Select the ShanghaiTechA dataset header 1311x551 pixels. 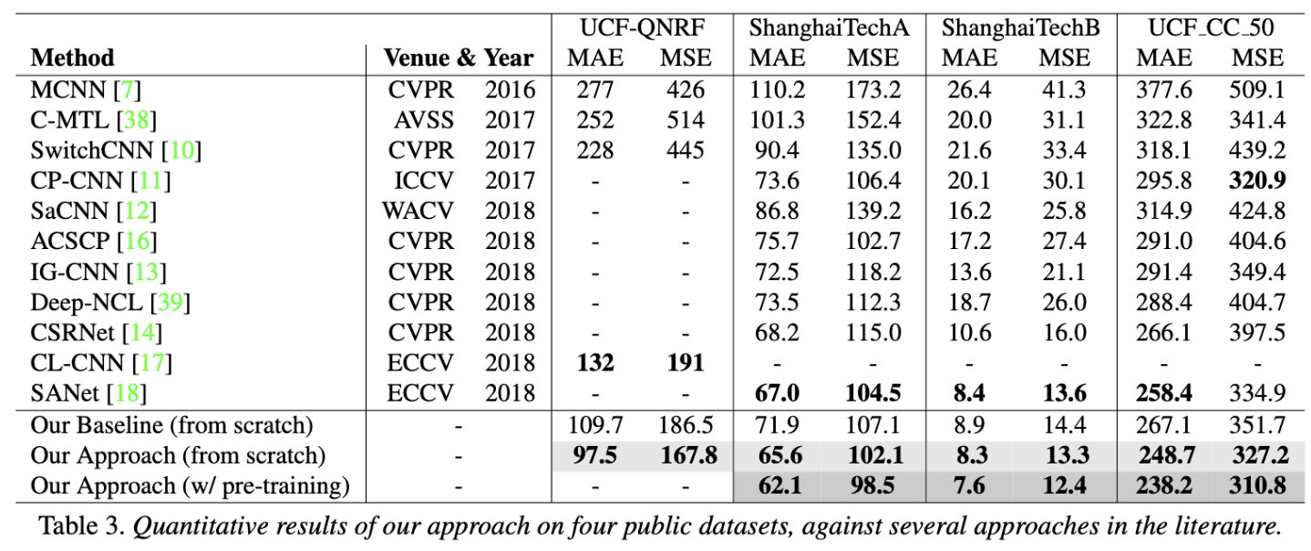coord(829,27)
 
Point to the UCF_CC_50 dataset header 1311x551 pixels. coord(1211,27)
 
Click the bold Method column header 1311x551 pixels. coord(73,58)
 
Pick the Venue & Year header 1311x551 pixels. coord(458,58)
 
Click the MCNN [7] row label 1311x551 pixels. coord(86,89)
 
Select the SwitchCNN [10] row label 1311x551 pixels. coord(115,150)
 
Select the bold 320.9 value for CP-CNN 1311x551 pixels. coord(1256,181)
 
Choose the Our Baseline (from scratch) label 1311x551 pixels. coord(171,425)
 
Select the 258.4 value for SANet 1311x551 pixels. coord(1164,394)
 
